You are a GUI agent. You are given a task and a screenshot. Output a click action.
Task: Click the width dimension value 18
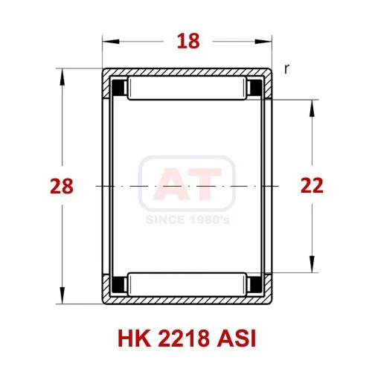click(188, 41)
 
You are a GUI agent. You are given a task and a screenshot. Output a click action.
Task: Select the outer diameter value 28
click(62, 186)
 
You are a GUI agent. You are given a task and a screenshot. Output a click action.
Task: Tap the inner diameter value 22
click(312, 185)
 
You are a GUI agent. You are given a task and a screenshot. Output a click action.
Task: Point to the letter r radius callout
click(286, 69)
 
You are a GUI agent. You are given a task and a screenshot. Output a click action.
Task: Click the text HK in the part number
click(134, 339)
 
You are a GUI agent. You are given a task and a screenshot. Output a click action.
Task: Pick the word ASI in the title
click(236, 339)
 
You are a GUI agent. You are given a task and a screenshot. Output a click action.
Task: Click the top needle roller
click(187, 89)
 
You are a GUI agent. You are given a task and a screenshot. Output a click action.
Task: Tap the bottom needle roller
click(187, 284)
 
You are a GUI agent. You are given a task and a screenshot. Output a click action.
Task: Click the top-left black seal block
click(119, 88)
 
